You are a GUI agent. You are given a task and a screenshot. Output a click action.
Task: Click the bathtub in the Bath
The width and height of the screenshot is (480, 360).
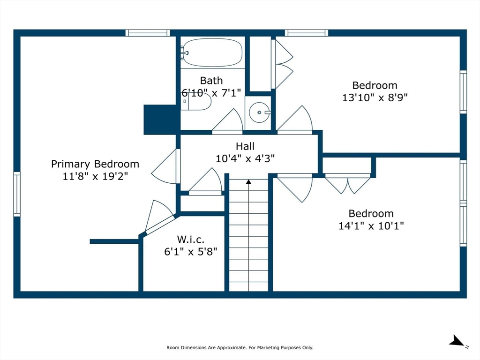pos(212,53)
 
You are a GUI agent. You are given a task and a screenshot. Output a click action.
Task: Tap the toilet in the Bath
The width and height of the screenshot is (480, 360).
pos(197,102)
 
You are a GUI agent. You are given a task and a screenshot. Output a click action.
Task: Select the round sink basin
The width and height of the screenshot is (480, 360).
pos(258,112)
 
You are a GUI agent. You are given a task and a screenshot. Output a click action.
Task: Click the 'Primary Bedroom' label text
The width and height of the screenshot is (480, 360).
pos(95,164)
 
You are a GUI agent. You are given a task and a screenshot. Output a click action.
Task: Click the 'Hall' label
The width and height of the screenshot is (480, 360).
pos(245,147)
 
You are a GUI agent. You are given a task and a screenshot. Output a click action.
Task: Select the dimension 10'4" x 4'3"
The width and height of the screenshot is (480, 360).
pos(245,158)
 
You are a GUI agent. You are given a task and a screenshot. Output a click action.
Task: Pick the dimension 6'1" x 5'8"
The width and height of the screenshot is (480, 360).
pos(190,251)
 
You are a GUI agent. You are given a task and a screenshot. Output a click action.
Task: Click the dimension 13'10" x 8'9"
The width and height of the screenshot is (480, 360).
pos(375,97)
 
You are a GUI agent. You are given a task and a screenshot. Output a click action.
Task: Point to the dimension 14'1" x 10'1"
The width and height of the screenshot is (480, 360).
pos(371,226)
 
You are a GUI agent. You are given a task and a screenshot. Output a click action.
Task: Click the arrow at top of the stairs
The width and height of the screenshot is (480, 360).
pos(248,181)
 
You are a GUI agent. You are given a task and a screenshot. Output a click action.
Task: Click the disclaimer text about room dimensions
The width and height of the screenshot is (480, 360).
pos(240,347)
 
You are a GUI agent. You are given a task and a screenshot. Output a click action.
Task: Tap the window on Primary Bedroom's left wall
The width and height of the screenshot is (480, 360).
pos(17,194)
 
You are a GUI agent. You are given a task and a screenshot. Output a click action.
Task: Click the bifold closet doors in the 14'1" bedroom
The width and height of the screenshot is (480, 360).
pos(348,184)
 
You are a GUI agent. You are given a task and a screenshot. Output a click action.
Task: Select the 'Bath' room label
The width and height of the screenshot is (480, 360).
pos(211,81)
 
